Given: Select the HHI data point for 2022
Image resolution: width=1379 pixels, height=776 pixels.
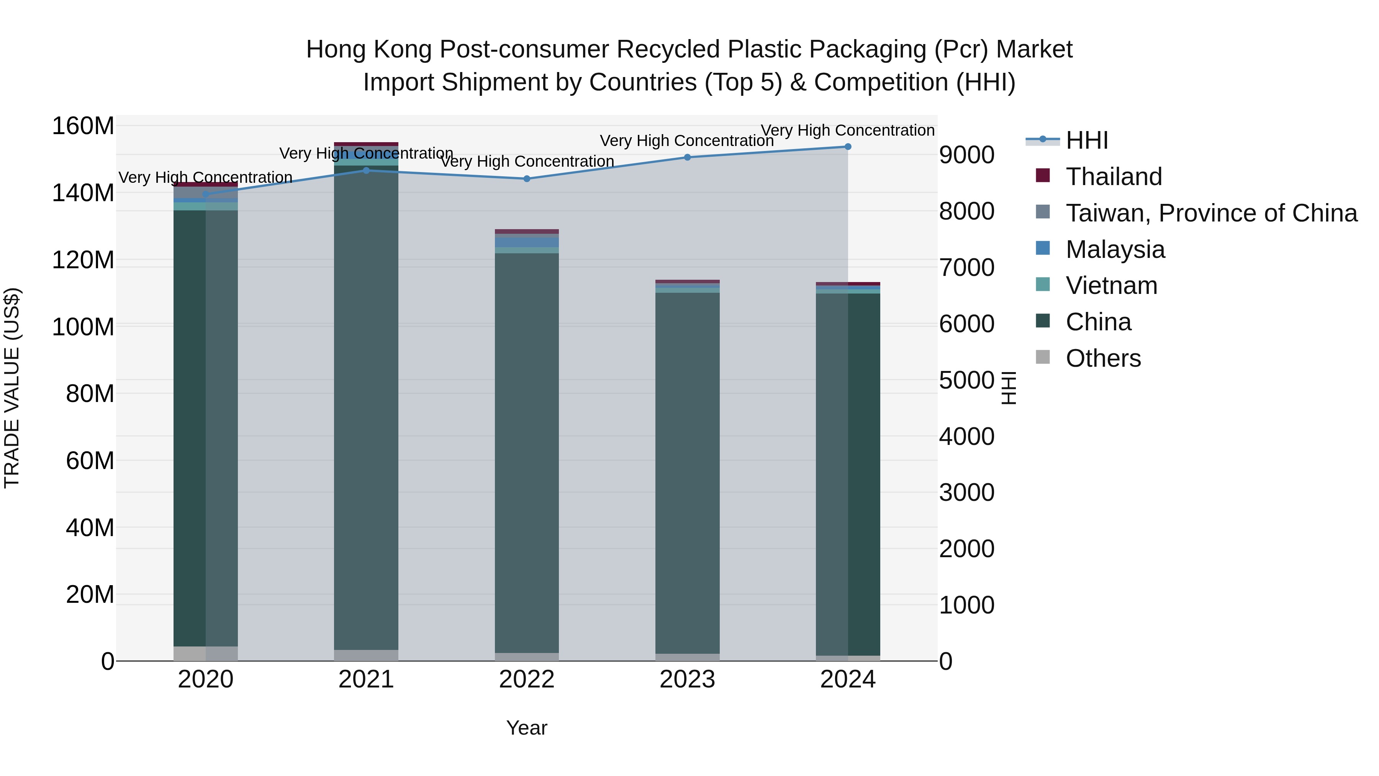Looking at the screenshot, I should pyautogui.click(x=527, y=179).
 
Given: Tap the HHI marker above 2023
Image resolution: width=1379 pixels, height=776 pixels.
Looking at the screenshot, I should pyautogui.click(x=687, y=157).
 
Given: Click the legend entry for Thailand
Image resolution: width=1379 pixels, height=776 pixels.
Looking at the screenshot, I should pyautogui.click(x=1114, y=177).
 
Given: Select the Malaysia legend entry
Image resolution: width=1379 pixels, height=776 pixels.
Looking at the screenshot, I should pyautogui.click(x=1115, y=249).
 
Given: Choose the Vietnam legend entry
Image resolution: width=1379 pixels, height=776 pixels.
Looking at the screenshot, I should pyautogui.click(x=1111, y=285).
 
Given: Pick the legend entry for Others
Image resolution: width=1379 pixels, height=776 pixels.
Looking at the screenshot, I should pyautogui.click(x=1103, y=358).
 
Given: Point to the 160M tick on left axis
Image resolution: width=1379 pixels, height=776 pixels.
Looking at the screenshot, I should pyautogui.click(x=83, y=126).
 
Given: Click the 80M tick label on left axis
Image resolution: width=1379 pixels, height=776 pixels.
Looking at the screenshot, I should pyautogui.click(x=90, y=394).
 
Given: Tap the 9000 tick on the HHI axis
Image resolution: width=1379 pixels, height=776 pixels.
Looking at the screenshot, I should pyautogui.click(x=966, y=155).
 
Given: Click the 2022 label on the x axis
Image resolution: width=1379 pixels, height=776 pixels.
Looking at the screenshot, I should pyautogui.click(x=527, y=679).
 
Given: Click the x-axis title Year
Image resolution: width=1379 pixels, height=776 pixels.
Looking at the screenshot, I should pyautogui.click(x=527, y=728).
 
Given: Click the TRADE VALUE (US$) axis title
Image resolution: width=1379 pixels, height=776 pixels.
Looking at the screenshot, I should pyautogui.click(x=12, y=388).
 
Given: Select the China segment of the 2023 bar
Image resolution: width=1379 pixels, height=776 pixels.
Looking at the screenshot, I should pyautogui.click(x=687, y=471).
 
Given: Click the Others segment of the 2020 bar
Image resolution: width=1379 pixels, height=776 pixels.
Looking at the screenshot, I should pyautogui.click(x=206, y=653).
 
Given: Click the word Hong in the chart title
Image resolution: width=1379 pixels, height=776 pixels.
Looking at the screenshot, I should pyautogui.click(x=336, y=49).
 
